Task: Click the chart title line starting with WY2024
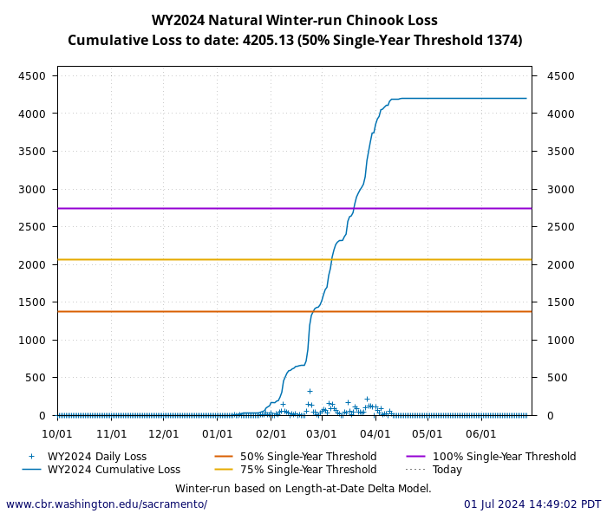point(295,21)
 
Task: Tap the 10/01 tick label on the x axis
point(57,433)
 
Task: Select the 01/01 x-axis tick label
point(217,433)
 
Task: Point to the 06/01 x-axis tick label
point(480,433)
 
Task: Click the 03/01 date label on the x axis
point(322,433)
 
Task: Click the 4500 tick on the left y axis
point(32,76)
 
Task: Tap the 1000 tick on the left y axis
point(32,341)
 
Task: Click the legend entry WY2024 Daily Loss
point(96,457)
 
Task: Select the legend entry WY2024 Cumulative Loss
point(114,470)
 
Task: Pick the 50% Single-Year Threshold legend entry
point(308,457)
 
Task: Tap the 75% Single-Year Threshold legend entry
point(308,470)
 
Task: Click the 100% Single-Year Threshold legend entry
point(504,457)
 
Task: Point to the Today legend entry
point(447,470)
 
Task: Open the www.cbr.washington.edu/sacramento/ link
point(107,504)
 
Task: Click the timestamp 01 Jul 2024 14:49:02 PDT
point(532,504)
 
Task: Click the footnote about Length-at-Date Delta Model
point(303,489)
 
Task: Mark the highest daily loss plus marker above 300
point(310,391)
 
